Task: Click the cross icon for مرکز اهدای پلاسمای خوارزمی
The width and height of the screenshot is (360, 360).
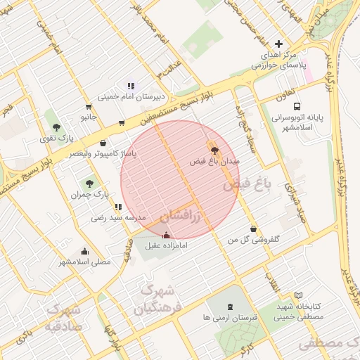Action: [x=279, y=44]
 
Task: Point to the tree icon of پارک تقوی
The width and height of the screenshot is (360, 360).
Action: [x=56, y=127]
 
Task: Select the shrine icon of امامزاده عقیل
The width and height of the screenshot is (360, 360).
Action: [x=166, y=235]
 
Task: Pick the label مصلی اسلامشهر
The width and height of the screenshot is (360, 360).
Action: [x=84, y=262]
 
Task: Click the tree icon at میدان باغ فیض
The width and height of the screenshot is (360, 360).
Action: [x=214, y=150]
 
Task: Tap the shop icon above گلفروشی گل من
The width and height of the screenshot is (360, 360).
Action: [x=253, y=229]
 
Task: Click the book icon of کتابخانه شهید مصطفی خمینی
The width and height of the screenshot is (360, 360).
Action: [x=299, y=296]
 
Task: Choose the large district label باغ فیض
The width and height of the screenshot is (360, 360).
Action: [x=247, y=186]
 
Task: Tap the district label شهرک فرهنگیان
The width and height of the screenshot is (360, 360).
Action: [x=156, y=299]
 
